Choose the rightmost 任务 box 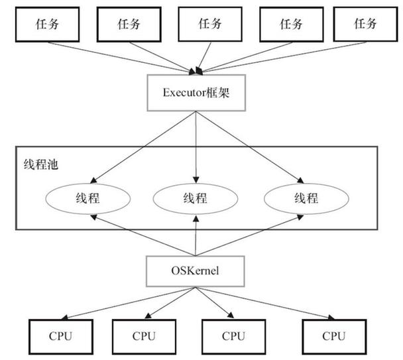(365, 25)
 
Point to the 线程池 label (36, 164)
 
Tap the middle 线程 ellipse (195, 198)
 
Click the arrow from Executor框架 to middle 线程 (195, 146)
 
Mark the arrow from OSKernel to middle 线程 (195, 235)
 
